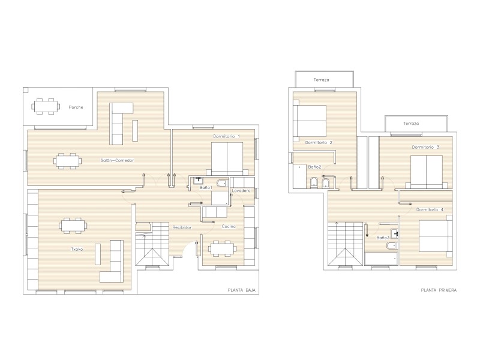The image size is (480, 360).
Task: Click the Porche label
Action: (76, 107)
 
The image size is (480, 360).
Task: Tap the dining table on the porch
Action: (46, 107)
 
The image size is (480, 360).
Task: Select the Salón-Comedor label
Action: (117, 160)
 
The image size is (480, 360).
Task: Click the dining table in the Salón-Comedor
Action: (68, 161)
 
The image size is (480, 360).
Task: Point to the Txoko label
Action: (77, 249)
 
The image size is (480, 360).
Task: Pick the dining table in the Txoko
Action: (73, 226)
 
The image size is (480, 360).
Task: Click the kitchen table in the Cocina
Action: (223, 248)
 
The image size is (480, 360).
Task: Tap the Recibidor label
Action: (182, 227)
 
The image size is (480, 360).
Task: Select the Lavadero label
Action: (241, 190)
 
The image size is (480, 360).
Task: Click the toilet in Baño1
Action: (221, 183)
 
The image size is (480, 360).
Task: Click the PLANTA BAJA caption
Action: (242, 290)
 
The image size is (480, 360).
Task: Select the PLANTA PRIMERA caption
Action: (439, 290)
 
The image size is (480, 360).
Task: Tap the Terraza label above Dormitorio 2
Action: (321, 80)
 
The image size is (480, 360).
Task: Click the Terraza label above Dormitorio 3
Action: (411, 124)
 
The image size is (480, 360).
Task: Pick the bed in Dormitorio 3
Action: (427, 172)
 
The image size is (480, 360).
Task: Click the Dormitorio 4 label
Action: (430, 209)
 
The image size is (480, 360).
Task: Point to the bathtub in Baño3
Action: (381, 259)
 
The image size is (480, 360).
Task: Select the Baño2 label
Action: (314, 167)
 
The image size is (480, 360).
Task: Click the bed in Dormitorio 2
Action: (310, 121)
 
